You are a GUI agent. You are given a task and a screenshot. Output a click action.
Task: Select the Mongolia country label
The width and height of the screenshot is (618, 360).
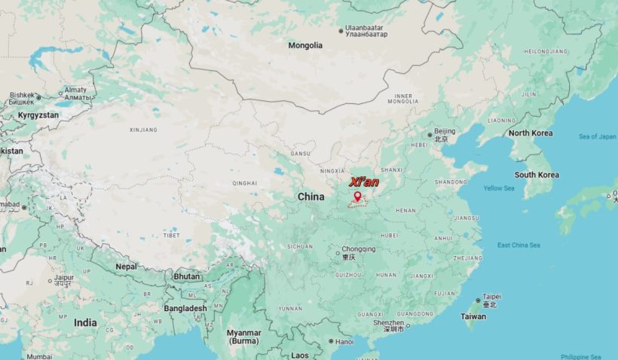[x=305, y=45]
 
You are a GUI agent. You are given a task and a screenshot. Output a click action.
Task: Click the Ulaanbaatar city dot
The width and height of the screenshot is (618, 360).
[x=341, y=32]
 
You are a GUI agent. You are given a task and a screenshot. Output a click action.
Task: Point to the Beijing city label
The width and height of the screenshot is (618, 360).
[x=445, y=132]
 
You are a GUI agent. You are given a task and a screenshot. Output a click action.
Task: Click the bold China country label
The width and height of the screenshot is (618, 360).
[x=311, y=197]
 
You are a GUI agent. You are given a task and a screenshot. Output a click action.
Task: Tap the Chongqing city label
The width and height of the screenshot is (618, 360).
[x=358, y=249]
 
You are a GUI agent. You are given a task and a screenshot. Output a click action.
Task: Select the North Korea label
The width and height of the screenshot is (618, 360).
[x=530, y=133]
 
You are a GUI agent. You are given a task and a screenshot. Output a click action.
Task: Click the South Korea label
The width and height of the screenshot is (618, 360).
[x=537, y=175]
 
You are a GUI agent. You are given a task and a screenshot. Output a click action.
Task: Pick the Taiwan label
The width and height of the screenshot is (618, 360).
[x=473, y=316]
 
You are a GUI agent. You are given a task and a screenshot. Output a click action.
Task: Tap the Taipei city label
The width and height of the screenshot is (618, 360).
[x=491, y=297]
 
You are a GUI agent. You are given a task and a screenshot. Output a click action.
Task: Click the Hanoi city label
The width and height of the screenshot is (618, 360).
[x=344, y=341]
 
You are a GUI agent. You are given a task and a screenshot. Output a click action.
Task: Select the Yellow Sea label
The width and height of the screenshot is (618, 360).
[x=498, y=188]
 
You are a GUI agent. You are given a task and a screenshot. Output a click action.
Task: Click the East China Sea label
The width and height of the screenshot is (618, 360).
[x=519, y=245]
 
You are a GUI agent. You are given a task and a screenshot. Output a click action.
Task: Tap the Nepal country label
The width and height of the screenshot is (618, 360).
[x=127, y=266]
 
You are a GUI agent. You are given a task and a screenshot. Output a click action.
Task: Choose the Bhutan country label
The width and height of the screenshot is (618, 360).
[x=186, y=276]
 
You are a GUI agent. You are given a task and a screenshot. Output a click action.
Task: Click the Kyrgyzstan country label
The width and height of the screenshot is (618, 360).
[x=38, y=115]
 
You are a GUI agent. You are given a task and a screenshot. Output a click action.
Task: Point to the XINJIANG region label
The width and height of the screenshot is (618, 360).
[x=143, y=130]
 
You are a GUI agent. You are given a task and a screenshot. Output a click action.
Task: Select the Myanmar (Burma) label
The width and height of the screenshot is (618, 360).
[x=244, y=337]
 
